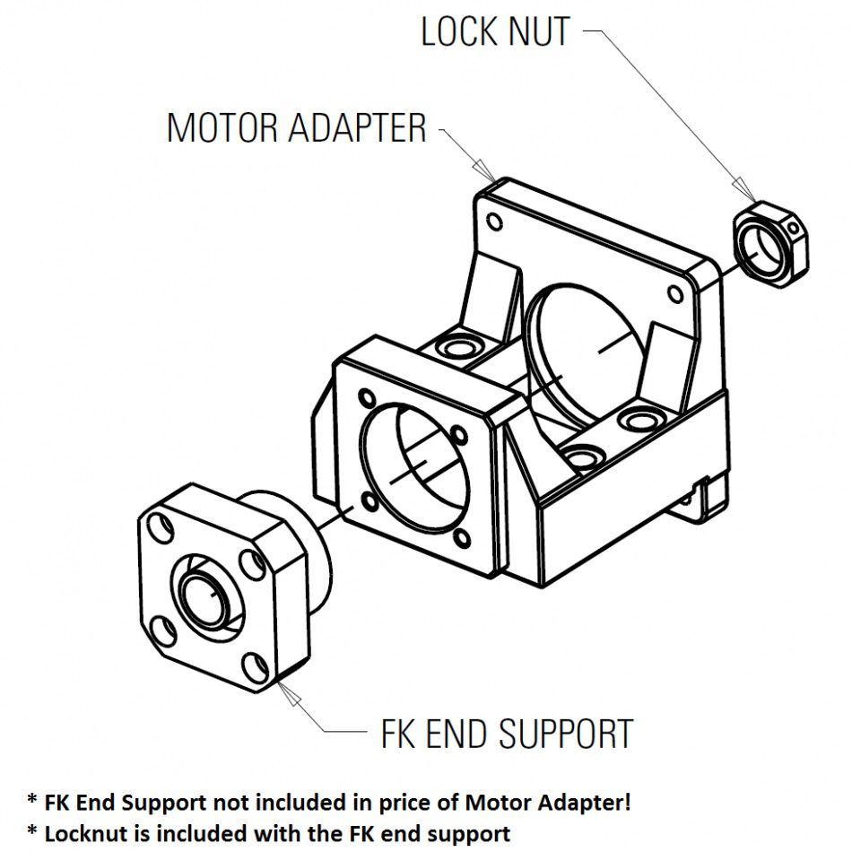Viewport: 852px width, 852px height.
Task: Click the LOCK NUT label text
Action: tap(495, 32)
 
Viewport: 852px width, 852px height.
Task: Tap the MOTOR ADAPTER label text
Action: tap(297, 128)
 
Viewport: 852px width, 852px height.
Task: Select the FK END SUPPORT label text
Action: tap(507, 734)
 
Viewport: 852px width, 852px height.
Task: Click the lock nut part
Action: tap(770, 245)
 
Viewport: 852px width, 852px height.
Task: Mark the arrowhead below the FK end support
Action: tap(285, 691)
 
